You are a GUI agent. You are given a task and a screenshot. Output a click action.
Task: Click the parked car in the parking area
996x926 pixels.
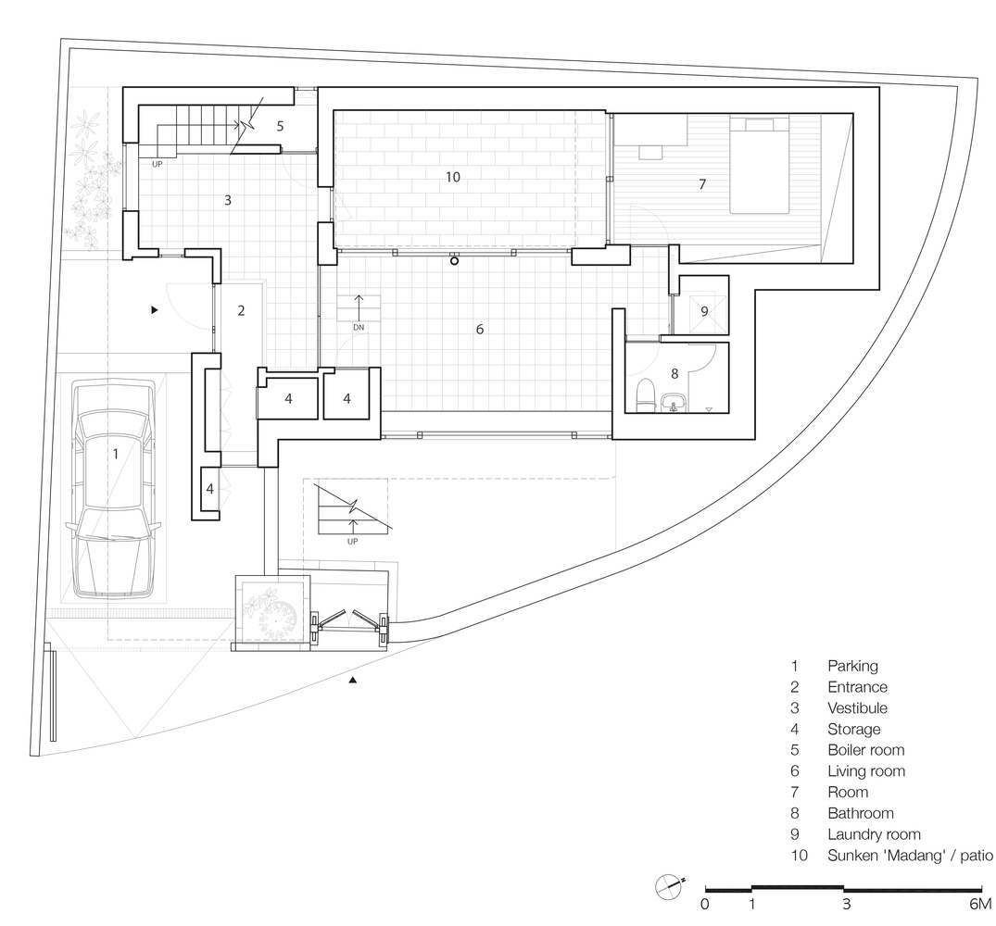(x=114, y=489)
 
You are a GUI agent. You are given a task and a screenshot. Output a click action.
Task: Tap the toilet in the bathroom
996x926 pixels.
(x=646, y=392)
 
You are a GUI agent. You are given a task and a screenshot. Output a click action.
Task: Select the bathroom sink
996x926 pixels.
(x=673, y=403)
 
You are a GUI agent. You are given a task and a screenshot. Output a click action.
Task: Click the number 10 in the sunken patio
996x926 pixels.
(x=453, y=177)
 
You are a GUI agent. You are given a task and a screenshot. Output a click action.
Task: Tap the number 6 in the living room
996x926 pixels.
(x=480, y=329)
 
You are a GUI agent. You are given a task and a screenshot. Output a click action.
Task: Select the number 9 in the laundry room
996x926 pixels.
(x=704, y=312)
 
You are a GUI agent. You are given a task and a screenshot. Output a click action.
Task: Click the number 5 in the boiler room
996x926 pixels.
(x=280, y=126)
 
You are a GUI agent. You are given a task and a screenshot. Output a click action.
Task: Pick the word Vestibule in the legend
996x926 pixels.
(x=857, y=707)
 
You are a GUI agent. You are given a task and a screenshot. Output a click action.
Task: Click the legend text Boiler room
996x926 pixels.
(x=865, y=749)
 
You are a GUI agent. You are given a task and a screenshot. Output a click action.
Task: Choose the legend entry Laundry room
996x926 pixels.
(x=874, y=834)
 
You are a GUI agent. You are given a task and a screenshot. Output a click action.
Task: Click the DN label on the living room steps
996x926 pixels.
(x=359, y=328)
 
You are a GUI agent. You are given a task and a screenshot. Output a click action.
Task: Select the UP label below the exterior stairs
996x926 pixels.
(x=353, y=542)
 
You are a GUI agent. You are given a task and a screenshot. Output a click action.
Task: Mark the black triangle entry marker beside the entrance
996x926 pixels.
(x=154, y=310)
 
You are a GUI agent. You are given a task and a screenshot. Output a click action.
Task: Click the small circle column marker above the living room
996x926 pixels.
(x=454, y=261)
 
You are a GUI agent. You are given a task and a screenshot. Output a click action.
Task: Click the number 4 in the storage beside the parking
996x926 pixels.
(x=209, y=489)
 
